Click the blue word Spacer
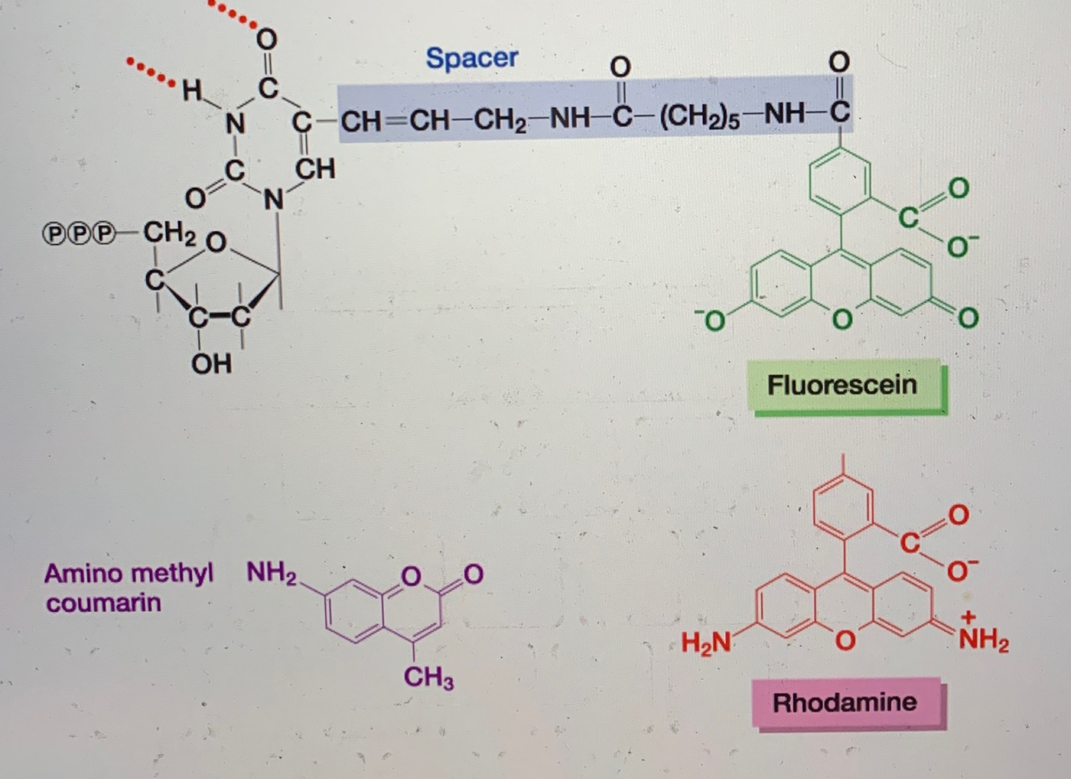click(x=471, y=58)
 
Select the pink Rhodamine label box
click(x=845, y=703)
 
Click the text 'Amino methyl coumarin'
click(x=128, y=588)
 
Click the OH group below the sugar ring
click(x=211, y=364)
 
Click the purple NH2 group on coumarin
click(x=271, y=573)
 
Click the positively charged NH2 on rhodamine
click(x=983, y=639)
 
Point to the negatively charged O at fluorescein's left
click(x=711, y=320)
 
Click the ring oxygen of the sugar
click(x=215, y=242)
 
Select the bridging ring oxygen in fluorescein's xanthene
click(x=841, y=320)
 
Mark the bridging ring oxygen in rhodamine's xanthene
click(x=843, y=640)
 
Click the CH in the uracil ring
click(x=315, y=169)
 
